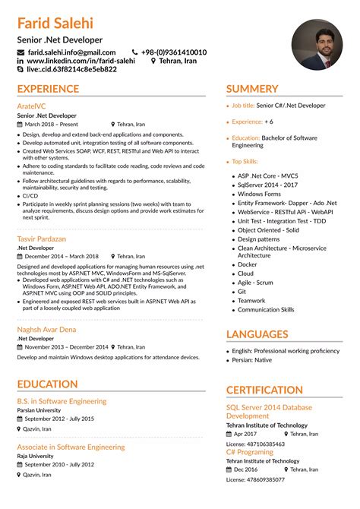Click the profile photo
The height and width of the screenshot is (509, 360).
[316, 44]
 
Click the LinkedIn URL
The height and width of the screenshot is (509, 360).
[81, 60]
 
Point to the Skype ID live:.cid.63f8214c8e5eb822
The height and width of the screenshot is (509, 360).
[71, 69]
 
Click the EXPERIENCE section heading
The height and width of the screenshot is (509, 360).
[48, 90]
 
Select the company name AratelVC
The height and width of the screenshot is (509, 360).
[33, 106]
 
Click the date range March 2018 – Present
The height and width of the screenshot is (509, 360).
[52, 124]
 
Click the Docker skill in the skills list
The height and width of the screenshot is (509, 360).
[248, 264]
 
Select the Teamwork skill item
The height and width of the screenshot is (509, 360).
[251, 301]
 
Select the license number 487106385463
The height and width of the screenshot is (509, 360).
[255, 444]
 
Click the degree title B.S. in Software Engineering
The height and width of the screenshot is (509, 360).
[62, 400]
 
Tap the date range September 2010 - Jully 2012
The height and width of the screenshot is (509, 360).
[60, 463]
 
